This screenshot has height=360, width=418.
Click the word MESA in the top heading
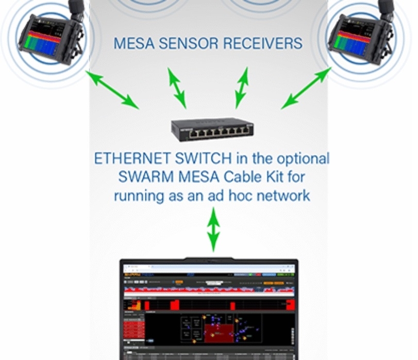132,43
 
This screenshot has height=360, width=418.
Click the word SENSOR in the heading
185,43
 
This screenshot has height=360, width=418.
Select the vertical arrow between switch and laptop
212,228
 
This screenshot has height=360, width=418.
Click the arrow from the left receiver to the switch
112,89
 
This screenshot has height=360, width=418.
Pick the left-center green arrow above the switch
177,87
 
